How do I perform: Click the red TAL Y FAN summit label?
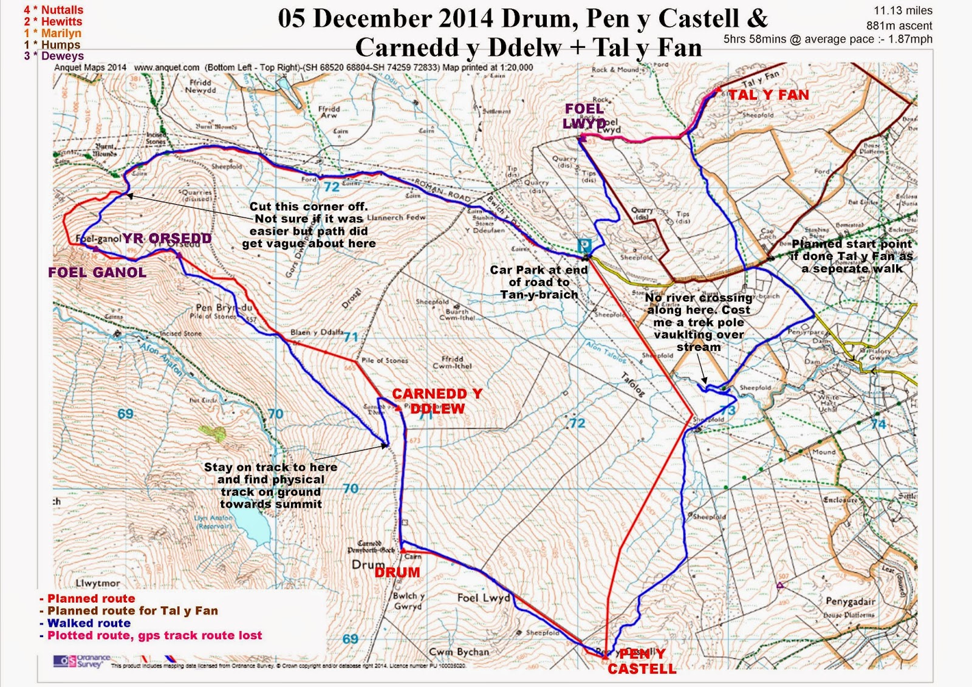[768, 95]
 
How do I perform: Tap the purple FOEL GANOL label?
[97, 273]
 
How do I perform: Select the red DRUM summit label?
[397, 573]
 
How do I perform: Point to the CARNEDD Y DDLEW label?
[437, 402]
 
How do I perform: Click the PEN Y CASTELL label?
[642, 661]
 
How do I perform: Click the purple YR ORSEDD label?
[167, 238]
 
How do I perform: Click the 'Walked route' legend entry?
[89, 623]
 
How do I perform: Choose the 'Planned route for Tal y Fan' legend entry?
[132, 611]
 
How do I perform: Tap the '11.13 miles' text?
[903, 11]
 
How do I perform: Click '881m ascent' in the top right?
[899, 26]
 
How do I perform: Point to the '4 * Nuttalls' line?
[53, 10]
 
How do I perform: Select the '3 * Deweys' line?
[53, 56]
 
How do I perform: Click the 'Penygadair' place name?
[850, 601]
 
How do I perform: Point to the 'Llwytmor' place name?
[98, 583]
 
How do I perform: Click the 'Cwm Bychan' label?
[459, 652]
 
